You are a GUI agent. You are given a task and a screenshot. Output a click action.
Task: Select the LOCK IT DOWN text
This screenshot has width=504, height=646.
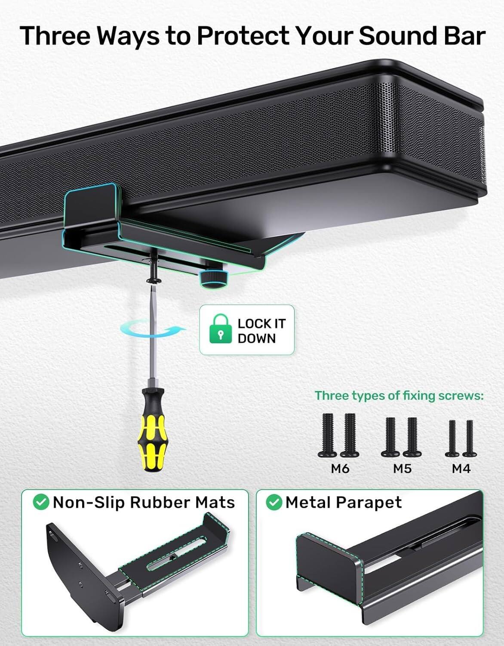point(261,330)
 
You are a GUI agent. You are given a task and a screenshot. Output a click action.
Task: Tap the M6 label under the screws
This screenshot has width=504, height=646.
point(340,468)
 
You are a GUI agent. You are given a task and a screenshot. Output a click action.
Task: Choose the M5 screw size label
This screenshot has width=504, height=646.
point(402,468)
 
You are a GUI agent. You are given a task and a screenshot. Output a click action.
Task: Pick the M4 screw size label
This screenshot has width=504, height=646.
point(461,468)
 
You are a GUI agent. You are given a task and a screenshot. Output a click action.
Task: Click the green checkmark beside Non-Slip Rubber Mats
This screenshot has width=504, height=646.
point(42,502)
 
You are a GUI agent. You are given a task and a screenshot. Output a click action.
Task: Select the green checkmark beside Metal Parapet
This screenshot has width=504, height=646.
point(274,502)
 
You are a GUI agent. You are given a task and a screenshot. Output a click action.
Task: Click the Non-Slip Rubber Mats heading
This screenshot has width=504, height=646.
point(144,502)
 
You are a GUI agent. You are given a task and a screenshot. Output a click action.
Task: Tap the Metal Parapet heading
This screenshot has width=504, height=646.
point(343,502)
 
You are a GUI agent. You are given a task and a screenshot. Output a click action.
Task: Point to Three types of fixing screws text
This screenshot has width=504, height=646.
point(399,395)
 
